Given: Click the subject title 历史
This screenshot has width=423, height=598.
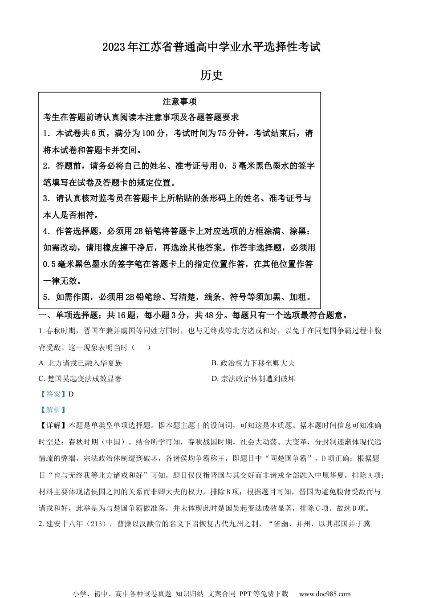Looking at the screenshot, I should point(211,75).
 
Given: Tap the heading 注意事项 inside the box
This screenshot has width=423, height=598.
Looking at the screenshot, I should point(179,102).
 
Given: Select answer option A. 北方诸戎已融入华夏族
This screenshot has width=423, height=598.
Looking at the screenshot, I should point(80,363).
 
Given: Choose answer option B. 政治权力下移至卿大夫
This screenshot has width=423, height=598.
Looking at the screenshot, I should point(253,363).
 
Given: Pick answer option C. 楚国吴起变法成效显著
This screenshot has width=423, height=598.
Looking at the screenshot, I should point(80,379).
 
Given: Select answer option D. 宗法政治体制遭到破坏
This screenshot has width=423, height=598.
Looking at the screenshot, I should point(253,379).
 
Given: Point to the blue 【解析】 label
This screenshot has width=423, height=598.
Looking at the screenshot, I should point(53,410).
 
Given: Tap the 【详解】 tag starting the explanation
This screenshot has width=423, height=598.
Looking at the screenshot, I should point(53,425).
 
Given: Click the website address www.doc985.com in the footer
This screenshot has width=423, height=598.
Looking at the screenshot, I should point(325,594).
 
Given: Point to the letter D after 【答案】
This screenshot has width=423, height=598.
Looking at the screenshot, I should point(71,394).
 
